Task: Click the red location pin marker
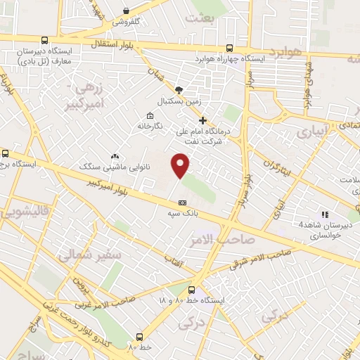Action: tap(181, 164)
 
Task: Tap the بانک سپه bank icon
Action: tap(182, 202)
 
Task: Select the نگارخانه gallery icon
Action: tap(149, 116)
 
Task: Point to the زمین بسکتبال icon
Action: tap(179, 90)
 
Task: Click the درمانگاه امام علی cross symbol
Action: tap(203, 120)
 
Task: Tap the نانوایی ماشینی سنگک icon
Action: tap(115, 156)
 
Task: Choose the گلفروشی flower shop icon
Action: tap(126, 11)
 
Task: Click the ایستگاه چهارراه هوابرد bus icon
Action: tap(230, 49)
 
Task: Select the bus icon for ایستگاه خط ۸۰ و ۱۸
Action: tap(192, 290)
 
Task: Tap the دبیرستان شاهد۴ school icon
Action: tap(324, 214)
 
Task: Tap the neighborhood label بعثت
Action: tap(200, 17)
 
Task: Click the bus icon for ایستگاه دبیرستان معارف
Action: tap(45, 41)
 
